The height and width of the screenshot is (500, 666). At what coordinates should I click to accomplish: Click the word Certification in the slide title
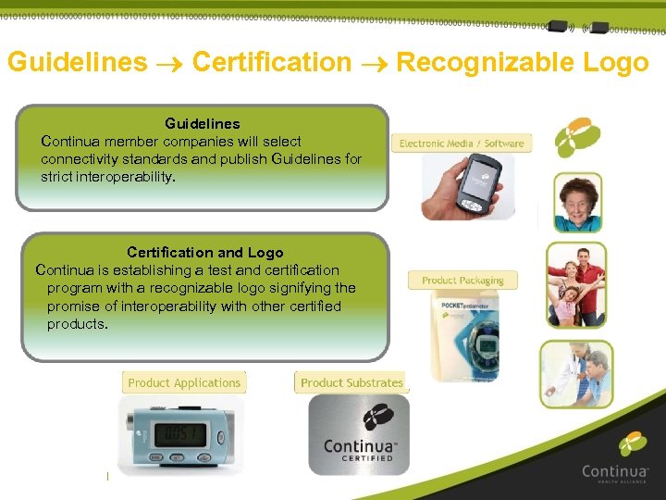pyautogui.click(x=272, y=63)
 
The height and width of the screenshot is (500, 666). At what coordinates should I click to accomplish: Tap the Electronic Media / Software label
pyautogui.click(x=462, y=144)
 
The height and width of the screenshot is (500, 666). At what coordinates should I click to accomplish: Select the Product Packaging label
pyautogui.click(x=462, y=280)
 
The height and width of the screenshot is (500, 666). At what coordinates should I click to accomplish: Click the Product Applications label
pyautogui.click(x=184, y=382)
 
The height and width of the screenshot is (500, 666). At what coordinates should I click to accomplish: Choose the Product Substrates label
pyautogui.click(x=351, y=382)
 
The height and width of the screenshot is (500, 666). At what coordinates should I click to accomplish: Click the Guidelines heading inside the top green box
pyautogui.click(x=202, y=123)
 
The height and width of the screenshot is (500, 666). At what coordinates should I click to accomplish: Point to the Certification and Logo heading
pyautogui.click(x=204, y=252)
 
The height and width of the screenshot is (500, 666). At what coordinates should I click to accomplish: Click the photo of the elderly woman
pyautogui.click(x=577, y=202)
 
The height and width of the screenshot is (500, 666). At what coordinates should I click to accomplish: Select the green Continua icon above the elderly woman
pyautogui.click(x=577, y=138)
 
